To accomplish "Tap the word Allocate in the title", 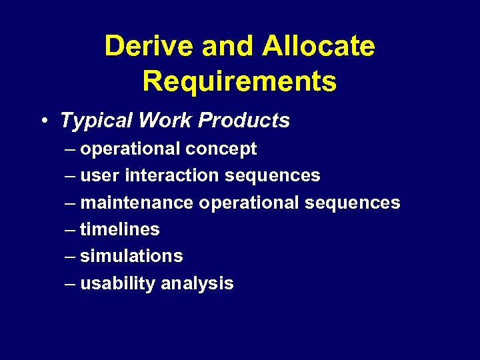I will click(x=319, y=47).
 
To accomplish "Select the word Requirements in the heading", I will click(x=239, y=81).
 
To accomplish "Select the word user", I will click(x=100, y=175).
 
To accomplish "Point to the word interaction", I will click(x=172, y=175).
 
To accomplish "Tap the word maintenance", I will click(x=137, y=203).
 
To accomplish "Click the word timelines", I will click(x=120, y=229).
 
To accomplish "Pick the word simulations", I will click(x=131, y=256).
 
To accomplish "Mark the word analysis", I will click(x=198, y=283).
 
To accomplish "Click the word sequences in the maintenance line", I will click(x=353, y=203).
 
